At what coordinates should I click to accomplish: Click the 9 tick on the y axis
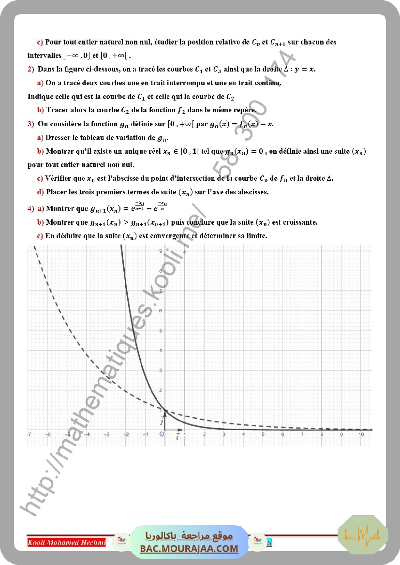pyautogui.click(x=160, y=251)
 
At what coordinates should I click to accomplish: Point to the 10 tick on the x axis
pyautogui.click(x=361, y=435)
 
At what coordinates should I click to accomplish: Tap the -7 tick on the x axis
pyautogui.click(x=30, y=435)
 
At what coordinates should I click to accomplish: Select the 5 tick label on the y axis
pyautogui.click(x=160, y=331)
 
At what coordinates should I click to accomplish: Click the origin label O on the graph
pyautogui.click(x=162, y=435)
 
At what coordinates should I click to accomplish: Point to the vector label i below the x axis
pyautogui.click(x=178, y=437)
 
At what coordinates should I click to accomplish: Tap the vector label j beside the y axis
pyautogui.click(x=162, y=421)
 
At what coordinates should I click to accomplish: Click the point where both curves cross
pyautogui.click(x=165, y=410)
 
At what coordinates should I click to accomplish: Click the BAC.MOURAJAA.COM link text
pyautogui.click(x=189, y=549)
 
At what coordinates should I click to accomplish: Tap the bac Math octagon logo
pyautogui.click(x=363, y=535)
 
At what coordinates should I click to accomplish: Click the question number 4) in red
pyautogui.click(x=31, y=209)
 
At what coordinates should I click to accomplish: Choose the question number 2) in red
pyautogui.click(x=31, y=69)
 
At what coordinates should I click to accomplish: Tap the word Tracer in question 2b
pyautogui.click(x=58, y=110)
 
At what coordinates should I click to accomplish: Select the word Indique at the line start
pyautogui.click(x=40, y=96)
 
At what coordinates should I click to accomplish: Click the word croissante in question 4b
pyautogui.click(x=300, y=222)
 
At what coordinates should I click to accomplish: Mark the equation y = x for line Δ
pyautogui.click(x=306, y=69)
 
